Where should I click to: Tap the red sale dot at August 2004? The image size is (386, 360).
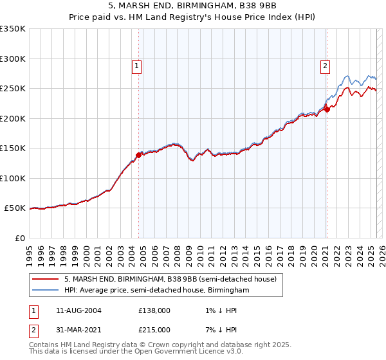tap(138, 155)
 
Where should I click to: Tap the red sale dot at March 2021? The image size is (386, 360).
tap(327, 109)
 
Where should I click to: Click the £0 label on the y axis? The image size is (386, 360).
tap(20, 239)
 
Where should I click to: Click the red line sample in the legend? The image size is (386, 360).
tap(46, 279)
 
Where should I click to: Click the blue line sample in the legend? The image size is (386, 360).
tap(46, 291)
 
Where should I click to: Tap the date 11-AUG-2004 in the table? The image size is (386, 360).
tap(75, 310)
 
